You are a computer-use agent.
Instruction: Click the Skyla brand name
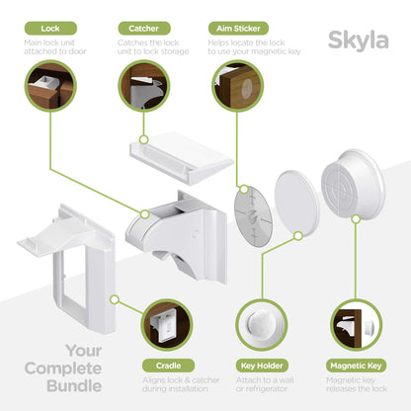tap(363, 42)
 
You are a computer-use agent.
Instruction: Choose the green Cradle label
tap(169, 365)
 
